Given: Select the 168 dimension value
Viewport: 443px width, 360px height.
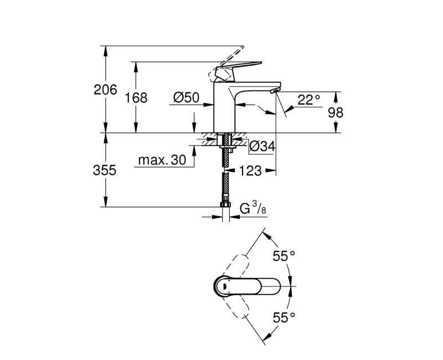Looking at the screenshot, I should coord(136,98).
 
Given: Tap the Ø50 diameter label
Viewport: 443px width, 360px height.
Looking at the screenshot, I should coord(186,98).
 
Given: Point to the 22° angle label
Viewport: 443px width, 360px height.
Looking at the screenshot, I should coord(309,100).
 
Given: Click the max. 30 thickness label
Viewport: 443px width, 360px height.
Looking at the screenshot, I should coord(161,161).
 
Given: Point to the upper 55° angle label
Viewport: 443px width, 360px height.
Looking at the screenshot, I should coord(284,256).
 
